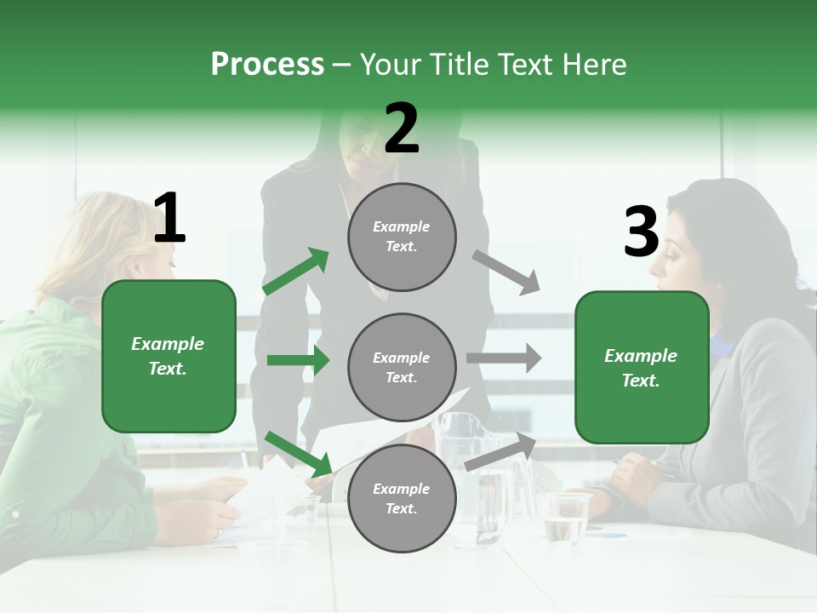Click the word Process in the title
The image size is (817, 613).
tap(267, 65)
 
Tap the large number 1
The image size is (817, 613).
tap(169, 219)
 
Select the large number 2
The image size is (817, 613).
tap(402, 129)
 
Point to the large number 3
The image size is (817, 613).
tap(641, 232)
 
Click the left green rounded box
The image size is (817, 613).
tap(169, 356)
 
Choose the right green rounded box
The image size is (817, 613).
tap(642, 367)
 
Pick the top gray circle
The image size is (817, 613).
tap(402, 237)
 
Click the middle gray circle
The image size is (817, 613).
tap(402, 367)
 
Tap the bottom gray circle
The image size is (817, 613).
tap(402, 498)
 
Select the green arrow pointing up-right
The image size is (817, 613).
tap(296, 272)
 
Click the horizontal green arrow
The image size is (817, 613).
tap(298, 360)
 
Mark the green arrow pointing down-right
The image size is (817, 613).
tap(299, 454)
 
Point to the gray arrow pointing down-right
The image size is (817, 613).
tap(506, 272)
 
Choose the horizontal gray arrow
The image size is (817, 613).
tap(504, 358)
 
